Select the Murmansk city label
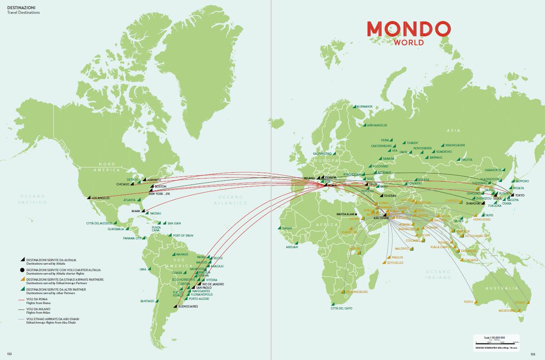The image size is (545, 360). [x=364, y=107]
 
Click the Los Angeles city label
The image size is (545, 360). [x=100, y=198]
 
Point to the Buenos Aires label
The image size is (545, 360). [x=188, y=306]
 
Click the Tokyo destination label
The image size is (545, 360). [x=520, y=195]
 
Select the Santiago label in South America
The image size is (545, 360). [x=148, y=301]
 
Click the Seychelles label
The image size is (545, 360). [x=395, y=263]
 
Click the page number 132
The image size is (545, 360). [x=9, y=353]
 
